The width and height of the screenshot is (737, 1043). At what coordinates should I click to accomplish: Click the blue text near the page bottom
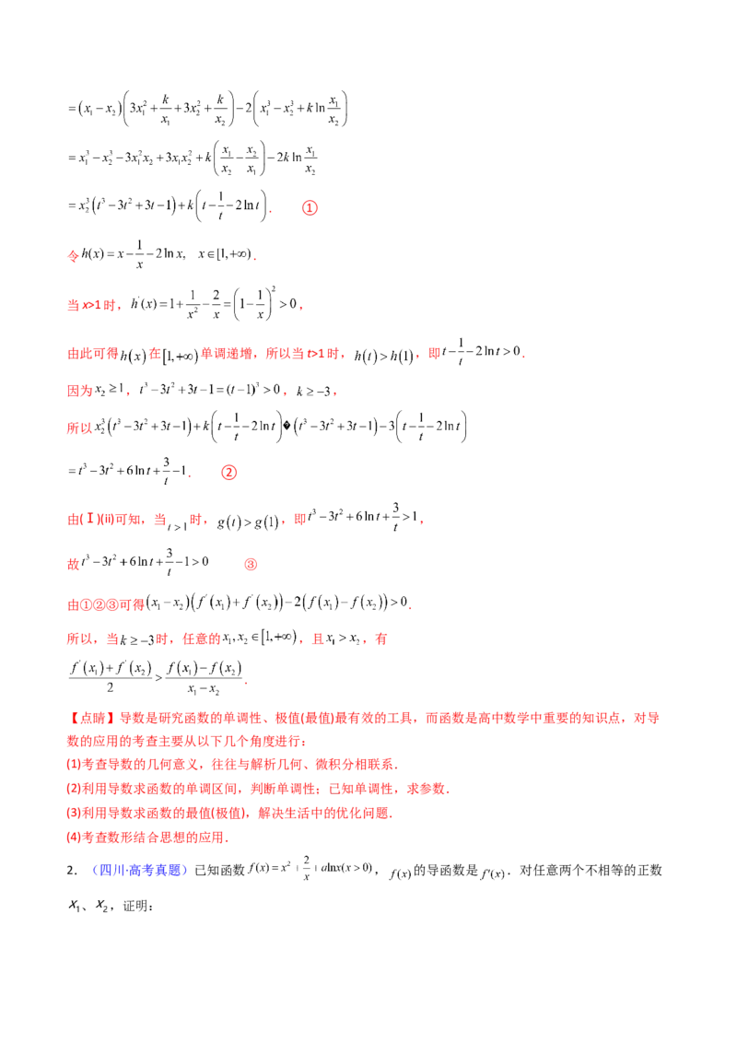(141, 870)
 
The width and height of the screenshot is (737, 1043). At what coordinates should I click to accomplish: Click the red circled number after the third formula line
(310, 208)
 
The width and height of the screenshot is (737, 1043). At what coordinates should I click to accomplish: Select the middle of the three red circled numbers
(230, 474)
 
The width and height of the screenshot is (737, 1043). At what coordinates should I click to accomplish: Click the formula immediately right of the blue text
(313, 869)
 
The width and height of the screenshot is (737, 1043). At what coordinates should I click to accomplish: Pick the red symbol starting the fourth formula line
(72, 255)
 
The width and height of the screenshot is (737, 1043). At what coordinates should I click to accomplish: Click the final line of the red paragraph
(147, 837)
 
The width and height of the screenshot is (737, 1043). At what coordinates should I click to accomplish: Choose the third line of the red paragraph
(230, 764)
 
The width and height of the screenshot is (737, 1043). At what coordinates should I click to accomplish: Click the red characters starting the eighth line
(80, 427)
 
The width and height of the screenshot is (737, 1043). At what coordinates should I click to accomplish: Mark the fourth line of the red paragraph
(258, 789)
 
